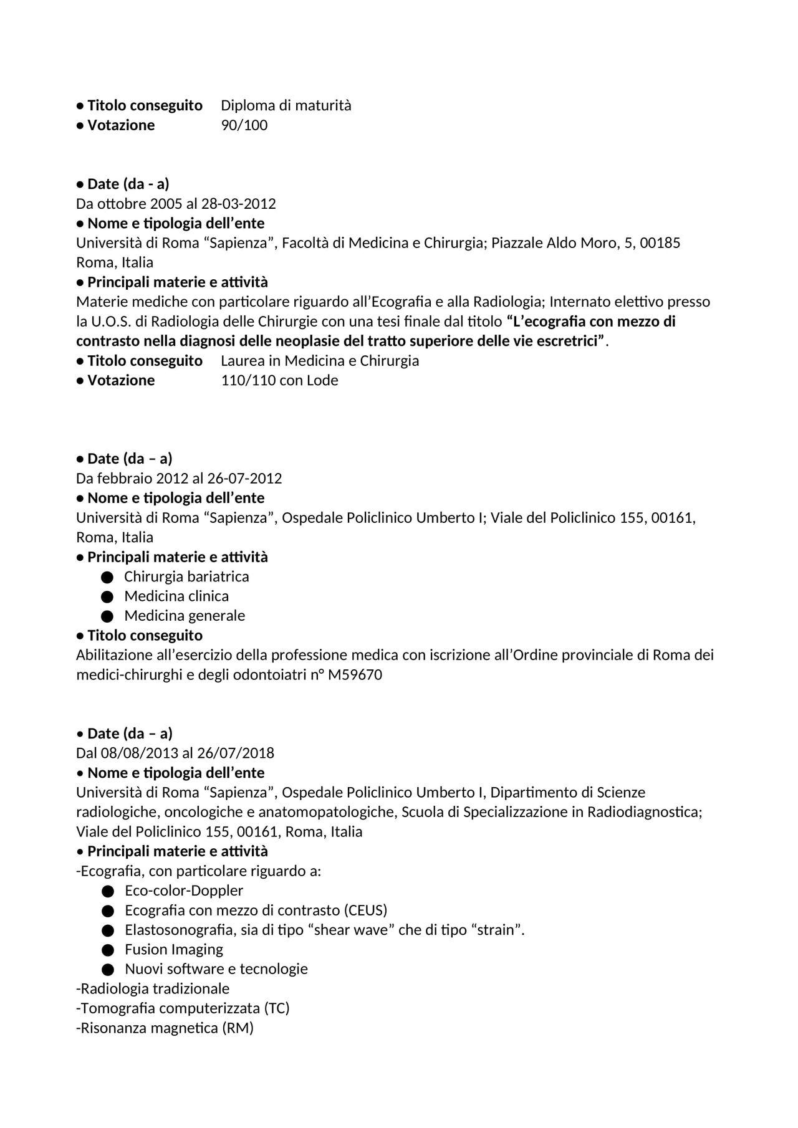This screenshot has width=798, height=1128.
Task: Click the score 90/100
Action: click(244, 125)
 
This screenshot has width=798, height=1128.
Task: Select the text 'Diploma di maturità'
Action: click(286, 105)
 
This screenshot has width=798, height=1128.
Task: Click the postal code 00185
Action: click(660, 243)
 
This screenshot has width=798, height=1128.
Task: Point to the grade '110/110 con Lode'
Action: click(279, 380)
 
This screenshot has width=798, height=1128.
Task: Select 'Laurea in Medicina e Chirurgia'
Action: click(320, 361)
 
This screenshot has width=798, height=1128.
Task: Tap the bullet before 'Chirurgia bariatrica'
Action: click(107, 577)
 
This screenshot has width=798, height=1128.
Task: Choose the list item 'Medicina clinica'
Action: click(176, 596)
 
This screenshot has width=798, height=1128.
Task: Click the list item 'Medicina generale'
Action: click(185, 616)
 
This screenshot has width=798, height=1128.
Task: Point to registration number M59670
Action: click(355, 675)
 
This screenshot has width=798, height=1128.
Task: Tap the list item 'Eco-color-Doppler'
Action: click(184, 891)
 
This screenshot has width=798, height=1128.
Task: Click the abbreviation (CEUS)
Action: click(365, 911)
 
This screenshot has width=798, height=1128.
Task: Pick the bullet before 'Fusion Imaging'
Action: click(107, 950)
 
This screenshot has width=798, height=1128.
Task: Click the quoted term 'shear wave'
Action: click(341, 930)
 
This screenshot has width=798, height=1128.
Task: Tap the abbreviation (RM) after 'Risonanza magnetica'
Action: click(238, 1028)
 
